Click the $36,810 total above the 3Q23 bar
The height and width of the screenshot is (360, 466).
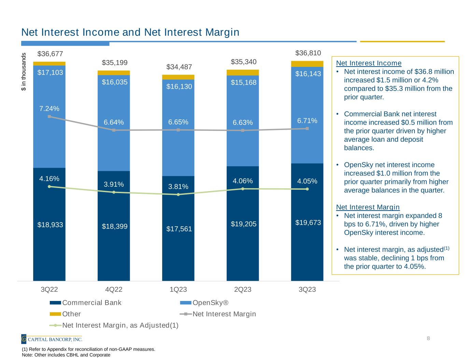point(308,53)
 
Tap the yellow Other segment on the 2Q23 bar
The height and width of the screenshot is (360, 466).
point(243,72)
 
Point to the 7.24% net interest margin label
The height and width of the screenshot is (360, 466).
point(49,109)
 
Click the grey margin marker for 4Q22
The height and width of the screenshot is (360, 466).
point(114,130)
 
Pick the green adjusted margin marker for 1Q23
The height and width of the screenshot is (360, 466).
point(178,195)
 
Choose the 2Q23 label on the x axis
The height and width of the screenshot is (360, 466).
point(243,290)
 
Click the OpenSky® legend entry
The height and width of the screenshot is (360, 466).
point(210,303)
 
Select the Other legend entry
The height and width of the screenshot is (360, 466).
point(71,314)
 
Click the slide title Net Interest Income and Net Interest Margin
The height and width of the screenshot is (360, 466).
point(130,32)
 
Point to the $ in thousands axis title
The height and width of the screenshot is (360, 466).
point(24,71)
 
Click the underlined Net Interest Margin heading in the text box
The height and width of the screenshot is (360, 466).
point(368,207)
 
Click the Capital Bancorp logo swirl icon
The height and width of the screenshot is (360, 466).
point(24,339)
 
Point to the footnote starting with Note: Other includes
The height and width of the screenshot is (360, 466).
point(66,355)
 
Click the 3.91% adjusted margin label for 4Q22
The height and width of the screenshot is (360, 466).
point(114,185)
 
